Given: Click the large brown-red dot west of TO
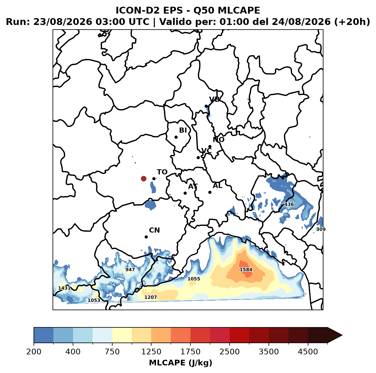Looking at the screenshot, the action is [x=144, y=179].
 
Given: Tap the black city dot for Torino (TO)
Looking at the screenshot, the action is [x=154, y=179].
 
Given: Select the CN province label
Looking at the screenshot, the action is [x=154, y=230].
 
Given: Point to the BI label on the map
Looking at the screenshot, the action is [x=183, y=130].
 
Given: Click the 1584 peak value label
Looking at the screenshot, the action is [x=246, y=270].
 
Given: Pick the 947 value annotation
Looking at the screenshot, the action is [x=130, y=270].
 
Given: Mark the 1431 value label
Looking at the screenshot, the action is [x=65, y=288].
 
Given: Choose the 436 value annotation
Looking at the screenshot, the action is [x=289, y=204].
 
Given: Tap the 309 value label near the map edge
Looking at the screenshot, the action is [x=321, y=229].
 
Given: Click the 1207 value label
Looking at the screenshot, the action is [x=150, y=297].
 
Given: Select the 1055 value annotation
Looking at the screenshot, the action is [x=194, y=279].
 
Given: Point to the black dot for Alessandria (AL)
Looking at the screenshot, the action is [x=210, y=192].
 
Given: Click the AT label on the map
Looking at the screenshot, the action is [x=193, y=186].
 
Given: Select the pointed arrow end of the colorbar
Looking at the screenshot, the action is [x=342, y=335].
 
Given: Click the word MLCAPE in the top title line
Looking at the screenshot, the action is [x=239, y=10].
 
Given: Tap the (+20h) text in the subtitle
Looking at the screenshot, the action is [x=352, y=22].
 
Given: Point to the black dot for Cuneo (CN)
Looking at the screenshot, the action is [x=146, y=237].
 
